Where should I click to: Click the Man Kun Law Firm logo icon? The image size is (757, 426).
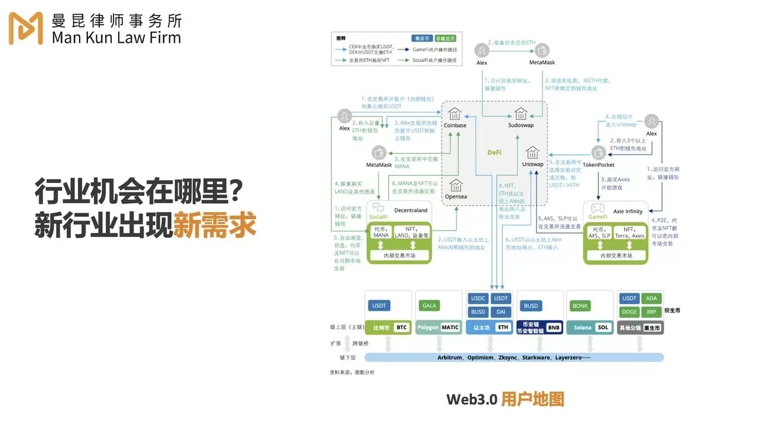pyautogui.click(x=26, y=28)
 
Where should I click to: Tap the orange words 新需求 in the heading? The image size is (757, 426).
pyautogui.click(x=215, y=226)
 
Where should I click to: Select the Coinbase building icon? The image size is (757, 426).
pyautogui.click(x=455, y=113)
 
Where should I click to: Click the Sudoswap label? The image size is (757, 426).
pyautogui.click(x=521, y=125)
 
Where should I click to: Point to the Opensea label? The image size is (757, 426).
pyautogui.click(x=455, y=197)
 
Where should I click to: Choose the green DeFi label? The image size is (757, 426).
pyautogui.click(x=494, y=152)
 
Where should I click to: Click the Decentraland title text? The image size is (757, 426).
pyautogui.click(x=411, y=210)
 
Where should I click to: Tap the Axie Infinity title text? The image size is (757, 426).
pyautogui.click(x=627, y=211)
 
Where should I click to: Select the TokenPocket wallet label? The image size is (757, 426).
pyautogui.click(x=598, y=165)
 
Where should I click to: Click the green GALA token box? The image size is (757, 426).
pyautogui.click(x=429, y=305)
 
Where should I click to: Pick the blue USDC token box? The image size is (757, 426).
pyautogui.click(x=478, y=298)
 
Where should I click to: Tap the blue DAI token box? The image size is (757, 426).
pyautogui.click(x=501, y=312)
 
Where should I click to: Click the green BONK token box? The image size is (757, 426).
pyautogui.click(x=580, y=305)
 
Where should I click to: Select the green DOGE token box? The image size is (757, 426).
pyautogui.click(x=629, y=312)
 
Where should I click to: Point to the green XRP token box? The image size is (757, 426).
pyautogui.click(x=651, y=312)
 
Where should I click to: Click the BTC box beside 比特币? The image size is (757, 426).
pyautogui.click(x=402, y=327)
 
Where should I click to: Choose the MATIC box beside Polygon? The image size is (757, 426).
pyautogui.click(x=450, y=327)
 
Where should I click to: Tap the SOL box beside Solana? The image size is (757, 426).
pyautogui.click(x=603, y=327)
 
